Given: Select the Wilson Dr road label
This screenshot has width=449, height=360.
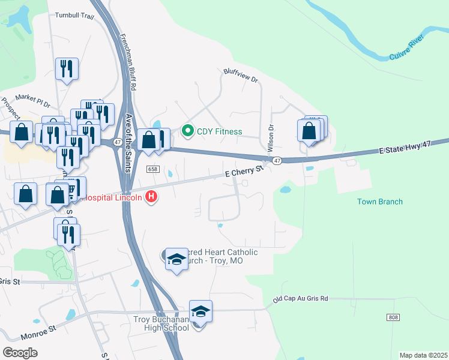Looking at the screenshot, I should point(270,137).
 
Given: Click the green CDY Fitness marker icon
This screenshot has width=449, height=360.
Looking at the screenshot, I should point(188,131).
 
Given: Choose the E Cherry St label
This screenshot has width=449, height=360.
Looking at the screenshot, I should point(244,172).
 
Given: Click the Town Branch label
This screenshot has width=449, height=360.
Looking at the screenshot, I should point(379,202).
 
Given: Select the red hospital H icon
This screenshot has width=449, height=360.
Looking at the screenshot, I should point(151,196).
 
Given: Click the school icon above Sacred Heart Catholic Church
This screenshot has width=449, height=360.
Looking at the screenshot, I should point(176,259).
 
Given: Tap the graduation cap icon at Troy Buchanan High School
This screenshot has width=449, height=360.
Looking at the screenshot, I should point(200,311).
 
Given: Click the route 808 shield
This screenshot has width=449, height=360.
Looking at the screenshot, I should point(393,316).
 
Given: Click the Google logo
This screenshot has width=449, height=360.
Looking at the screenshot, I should point(20,352).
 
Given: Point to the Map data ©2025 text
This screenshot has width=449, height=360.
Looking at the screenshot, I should point(423,355).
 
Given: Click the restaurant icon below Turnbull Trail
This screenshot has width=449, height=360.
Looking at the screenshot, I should point(67,68).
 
